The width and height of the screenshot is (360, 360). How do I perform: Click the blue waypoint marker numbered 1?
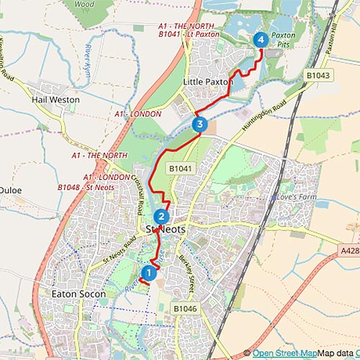click(x=148, y=273)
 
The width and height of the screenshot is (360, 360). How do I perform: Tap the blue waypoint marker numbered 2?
click(x=161, y=216)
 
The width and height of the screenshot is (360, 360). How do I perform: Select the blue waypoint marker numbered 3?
click(x=200, y=125)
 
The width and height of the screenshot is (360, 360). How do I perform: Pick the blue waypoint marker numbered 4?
click(x=261, y=40)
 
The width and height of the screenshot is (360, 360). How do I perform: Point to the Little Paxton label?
click(x=209, y=82)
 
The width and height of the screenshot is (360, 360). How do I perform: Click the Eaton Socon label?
click(x=79, y=294)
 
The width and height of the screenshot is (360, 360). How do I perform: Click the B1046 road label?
click(x=186, y=307)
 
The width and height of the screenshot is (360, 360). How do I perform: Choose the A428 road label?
click(x=349, y=251)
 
